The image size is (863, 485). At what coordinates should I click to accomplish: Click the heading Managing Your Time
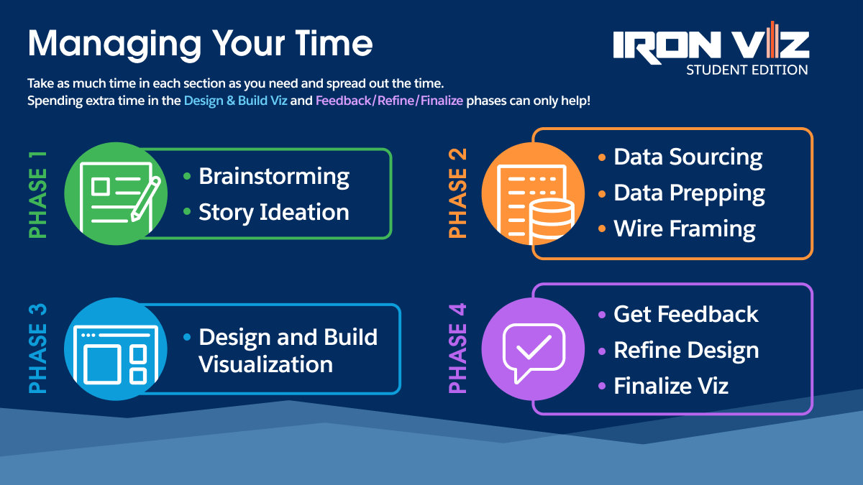200,45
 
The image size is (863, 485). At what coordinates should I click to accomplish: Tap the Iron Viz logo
711,45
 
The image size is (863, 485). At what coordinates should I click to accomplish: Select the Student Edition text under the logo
746,70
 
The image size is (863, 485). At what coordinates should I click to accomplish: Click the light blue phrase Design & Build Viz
235,101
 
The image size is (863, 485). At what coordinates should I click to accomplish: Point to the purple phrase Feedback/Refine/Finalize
389,101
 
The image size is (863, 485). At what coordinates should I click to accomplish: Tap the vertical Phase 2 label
458,193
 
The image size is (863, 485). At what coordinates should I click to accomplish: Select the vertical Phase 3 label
37,348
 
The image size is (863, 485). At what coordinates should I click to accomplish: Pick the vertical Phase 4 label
458,348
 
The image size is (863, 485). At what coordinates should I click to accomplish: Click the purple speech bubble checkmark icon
533,349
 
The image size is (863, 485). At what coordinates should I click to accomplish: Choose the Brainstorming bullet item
274,176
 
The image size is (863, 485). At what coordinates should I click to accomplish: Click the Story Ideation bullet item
273,212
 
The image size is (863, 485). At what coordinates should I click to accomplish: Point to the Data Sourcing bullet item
688,157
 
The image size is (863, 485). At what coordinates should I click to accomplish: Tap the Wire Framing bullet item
684,229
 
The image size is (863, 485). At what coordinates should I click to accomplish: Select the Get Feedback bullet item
685,314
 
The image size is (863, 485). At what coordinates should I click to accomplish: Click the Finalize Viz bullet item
670,386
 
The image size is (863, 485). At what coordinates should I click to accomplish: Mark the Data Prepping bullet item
689,193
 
